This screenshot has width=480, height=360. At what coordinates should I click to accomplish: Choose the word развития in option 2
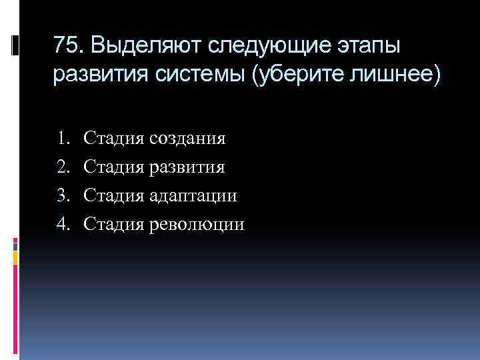(x=187, y=167)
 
